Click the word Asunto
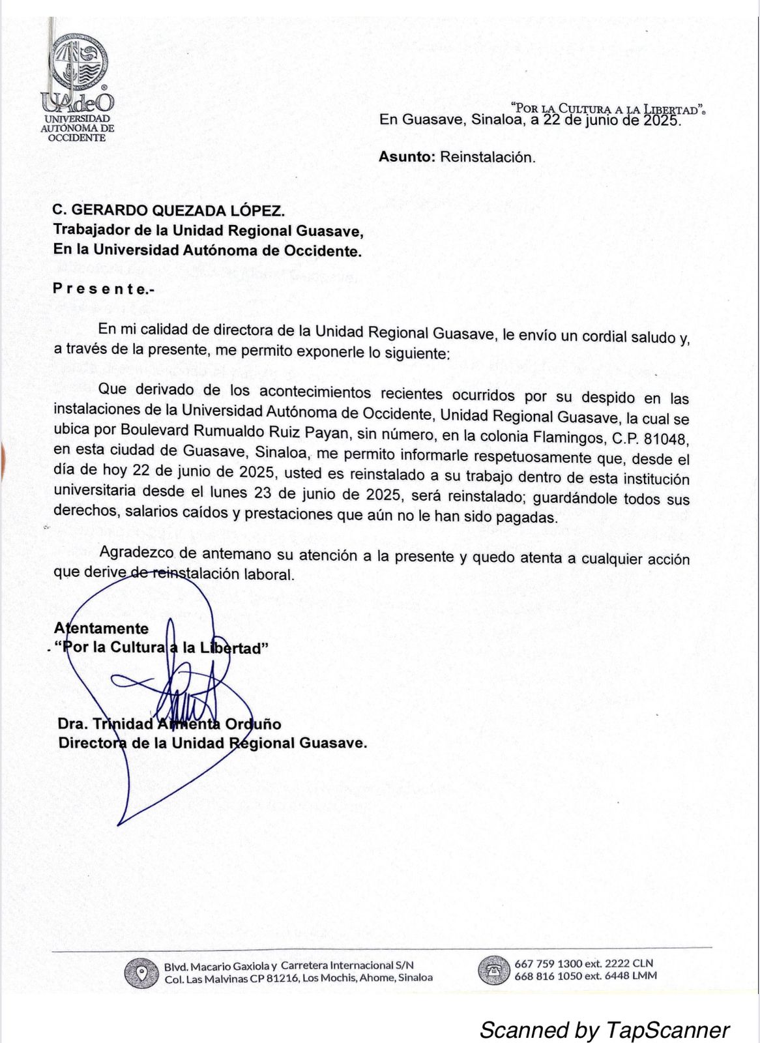[x=405, y=157]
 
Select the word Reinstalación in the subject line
[x=487, y=157]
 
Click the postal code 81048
[x=666, y=438]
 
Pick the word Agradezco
[x=136, y=553]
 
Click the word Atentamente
[x=102, y=628]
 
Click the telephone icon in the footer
[x=494, y=970]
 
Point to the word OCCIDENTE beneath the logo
[x=77, y=138]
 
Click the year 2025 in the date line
[x=661, y=121]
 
